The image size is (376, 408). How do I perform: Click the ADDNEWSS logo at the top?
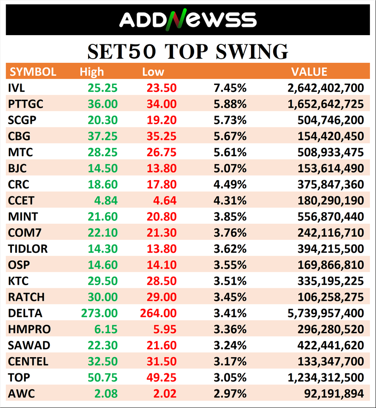[x=188, y=19]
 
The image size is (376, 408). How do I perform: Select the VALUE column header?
[x=309, y=72]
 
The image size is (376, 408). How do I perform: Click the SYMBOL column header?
[x=33, y=72]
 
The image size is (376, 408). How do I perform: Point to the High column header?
[x=92, y=72]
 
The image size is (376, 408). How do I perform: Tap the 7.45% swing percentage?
[x=230, y=88]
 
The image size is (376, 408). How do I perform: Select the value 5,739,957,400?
[x=325, y=313]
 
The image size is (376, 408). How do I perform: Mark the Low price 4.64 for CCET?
[x=165, y=201]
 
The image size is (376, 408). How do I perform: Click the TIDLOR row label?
[x=28, y=249]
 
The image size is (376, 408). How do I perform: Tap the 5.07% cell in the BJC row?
[x=230, y=168]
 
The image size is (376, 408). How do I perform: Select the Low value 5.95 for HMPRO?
[x=165, y=329]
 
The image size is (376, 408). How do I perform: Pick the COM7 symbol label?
[x=24, y=232]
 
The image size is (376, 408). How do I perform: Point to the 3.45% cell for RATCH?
[x=230, y=297]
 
